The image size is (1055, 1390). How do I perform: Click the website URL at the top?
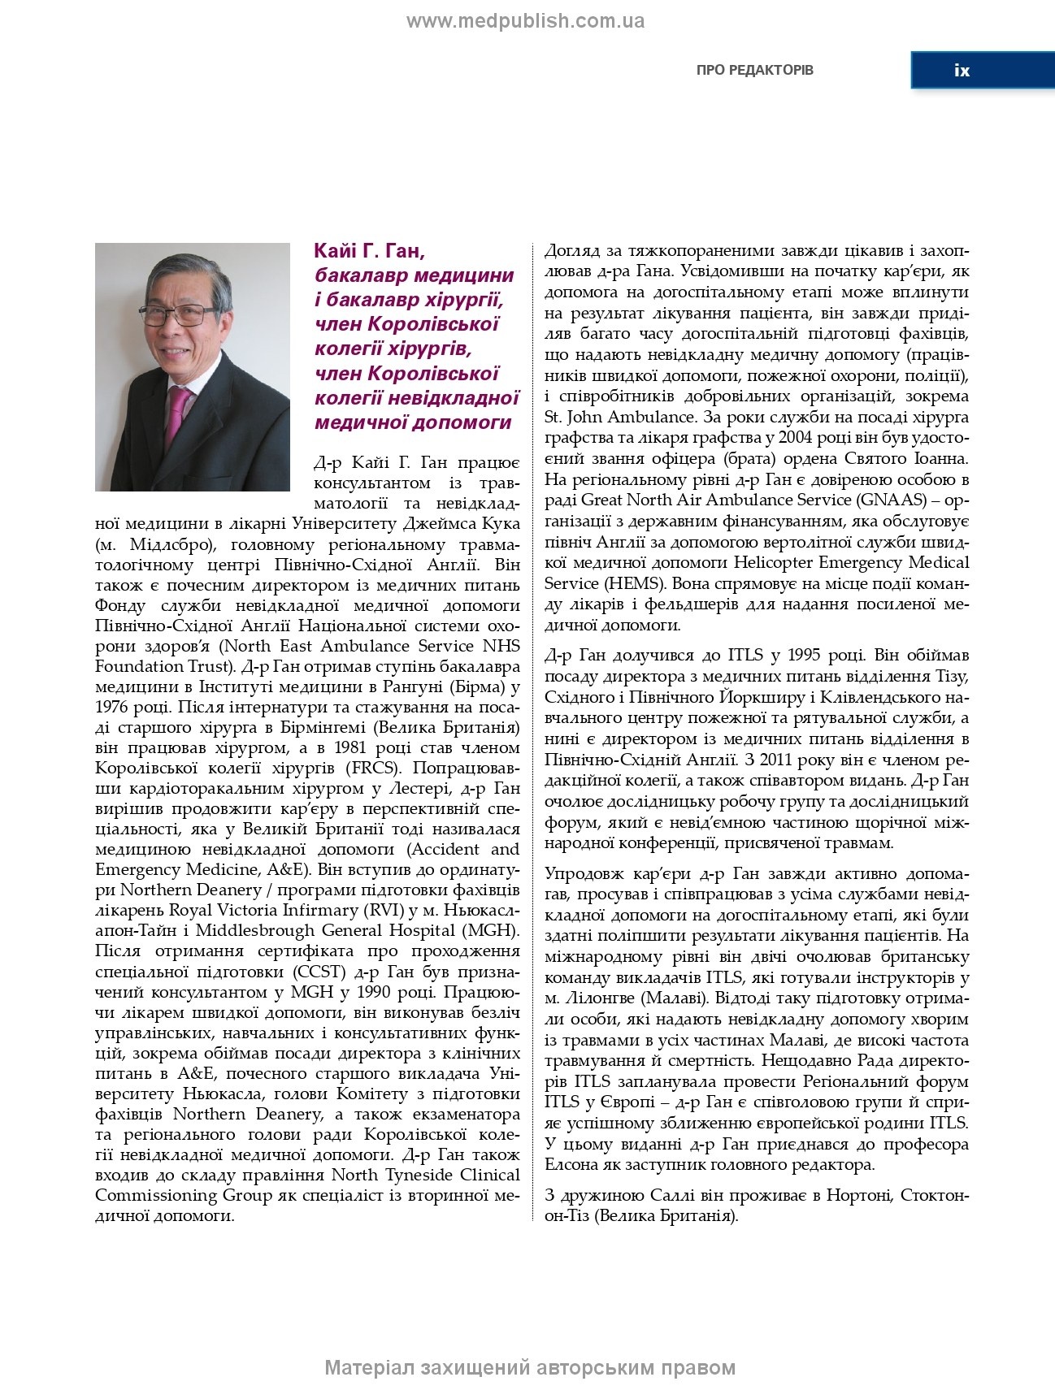pyautogui.click(x=525, y=21)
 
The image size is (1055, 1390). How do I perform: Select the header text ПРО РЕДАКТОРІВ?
pyautogui.click(x=754, y=70)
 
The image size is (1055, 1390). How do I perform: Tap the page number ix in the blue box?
pyautogui.click(x=962, y=71)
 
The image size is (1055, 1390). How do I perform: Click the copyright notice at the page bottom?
pyautogui.click(x=530, y=1368)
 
